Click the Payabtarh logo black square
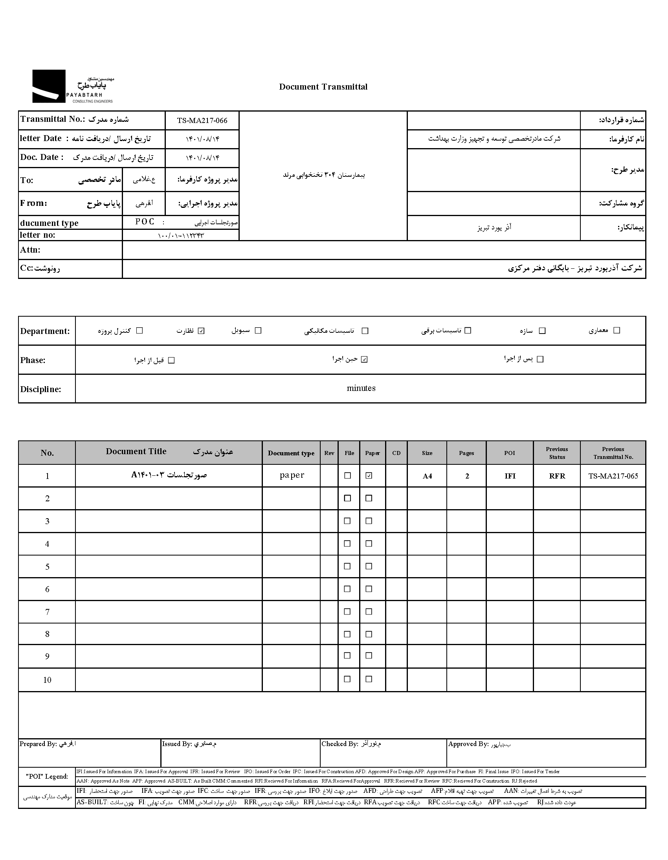click(49, 86)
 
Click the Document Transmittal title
click(323, 87)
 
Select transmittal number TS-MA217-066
click(202, 121)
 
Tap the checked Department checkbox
click(201, 331)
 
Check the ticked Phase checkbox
click(364, 359)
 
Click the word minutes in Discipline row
click(361, 388)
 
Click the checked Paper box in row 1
click(369, 476)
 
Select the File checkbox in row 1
click(347, 476)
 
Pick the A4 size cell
click(427, 476)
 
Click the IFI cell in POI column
click(510, 476)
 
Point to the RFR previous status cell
click(557, 476)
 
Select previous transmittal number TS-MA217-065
click(613, 476)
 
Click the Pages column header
click(466, 453)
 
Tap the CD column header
click(396, 453)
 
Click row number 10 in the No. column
click(47, 680)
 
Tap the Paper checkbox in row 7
click(369, 612)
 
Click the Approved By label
click(468, 744)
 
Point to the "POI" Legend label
click(47, 777)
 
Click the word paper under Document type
click(292, 475)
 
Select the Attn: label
click(30, 250)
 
